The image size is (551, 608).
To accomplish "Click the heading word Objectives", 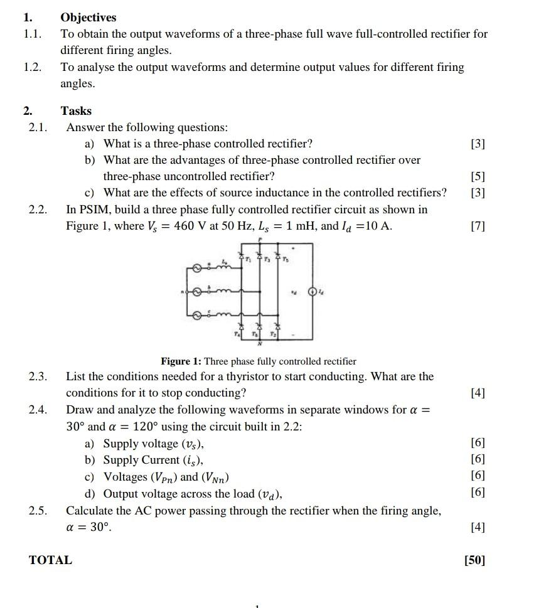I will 88,18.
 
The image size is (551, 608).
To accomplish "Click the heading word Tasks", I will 76,111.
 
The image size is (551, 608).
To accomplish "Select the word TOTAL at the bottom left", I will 51,560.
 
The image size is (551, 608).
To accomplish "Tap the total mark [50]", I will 474,560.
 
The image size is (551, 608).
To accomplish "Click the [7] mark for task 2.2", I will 478,226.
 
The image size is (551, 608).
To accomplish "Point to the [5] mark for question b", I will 478,177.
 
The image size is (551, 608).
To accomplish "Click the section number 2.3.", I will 38,376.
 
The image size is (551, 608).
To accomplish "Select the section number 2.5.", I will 38,511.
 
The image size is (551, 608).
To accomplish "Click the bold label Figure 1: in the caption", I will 181,361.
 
